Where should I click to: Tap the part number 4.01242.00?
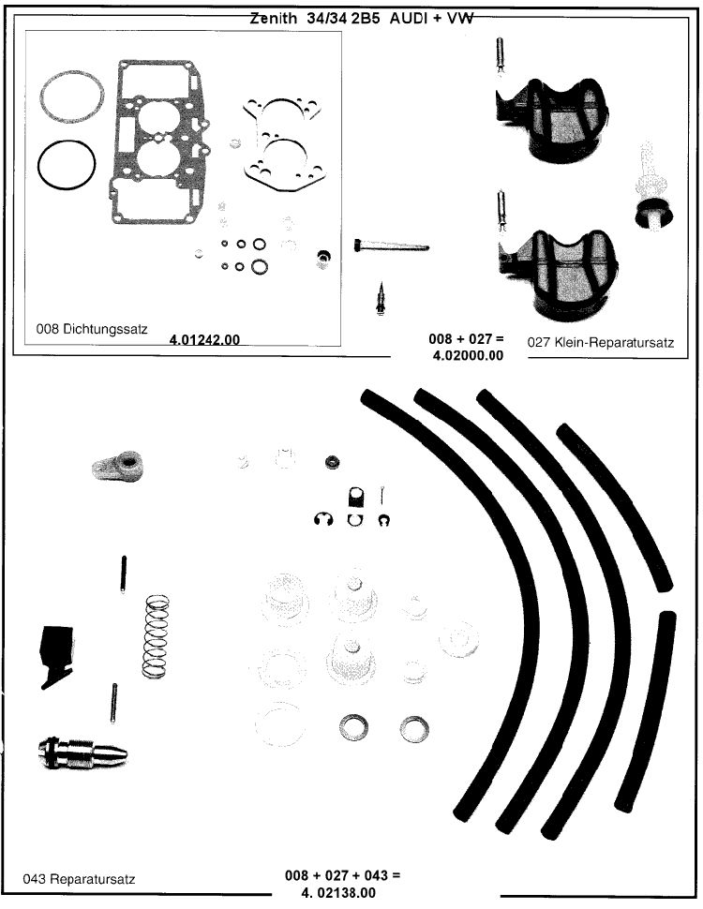pos(204,339)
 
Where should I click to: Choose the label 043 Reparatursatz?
pos(80,879)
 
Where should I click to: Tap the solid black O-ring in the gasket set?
pos(67,167)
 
